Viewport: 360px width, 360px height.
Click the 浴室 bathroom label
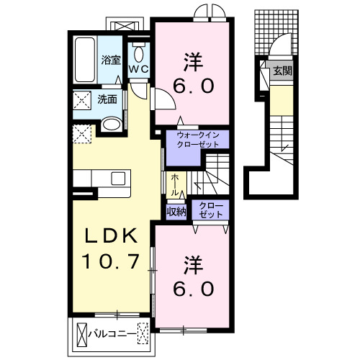(111, 60)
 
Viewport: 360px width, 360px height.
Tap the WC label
(139, 69)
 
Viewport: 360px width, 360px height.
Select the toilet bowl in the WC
(139, 54)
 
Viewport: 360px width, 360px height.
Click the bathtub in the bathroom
(84, 60)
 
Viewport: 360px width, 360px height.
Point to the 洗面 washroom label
(107, 99)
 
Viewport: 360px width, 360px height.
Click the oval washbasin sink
(111, 124)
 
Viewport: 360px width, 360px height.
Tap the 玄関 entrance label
(282, 71)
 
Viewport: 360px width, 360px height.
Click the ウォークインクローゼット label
(198, 140)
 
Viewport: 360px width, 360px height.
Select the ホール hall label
(175, 185)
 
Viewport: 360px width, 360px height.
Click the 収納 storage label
(176, 212)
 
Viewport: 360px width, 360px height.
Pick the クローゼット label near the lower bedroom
(211, 210)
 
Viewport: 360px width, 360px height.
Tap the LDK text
(111, 235)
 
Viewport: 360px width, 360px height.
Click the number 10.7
(111, 261)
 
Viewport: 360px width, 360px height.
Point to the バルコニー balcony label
(112, 334)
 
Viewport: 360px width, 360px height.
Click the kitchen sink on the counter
(118, 179)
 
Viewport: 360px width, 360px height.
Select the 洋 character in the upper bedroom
(193, 62)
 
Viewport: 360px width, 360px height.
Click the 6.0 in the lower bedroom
(193, 289)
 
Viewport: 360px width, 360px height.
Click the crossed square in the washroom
(82, 100)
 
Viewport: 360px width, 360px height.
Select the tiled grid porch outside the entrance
(276, 32)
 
